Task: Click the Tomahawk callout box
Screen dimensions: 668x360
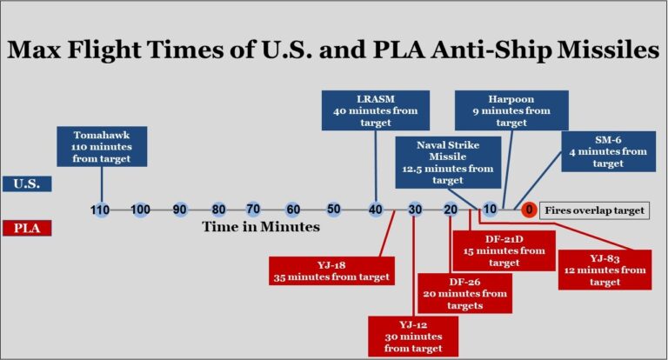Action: click(102, 147)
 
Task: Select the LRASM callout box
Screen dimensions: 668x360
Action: click(376, 110)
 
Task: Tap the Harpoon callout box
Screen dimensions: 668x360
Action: click(511, 110)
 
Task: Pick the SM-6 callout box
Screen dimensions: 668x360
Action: click(608, 151)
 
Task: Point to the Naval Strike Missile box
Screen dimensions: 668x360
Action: click(448, 163)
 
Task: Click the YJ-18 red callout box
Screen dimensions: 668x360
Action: click(331, 271)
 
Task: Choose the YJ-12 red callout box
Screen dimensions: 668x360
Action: click(413, 337)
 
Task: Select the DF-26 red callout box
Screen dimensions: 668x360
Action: click(464, 294)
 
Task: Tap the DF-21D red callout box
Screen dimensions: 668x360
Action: click(504, 251)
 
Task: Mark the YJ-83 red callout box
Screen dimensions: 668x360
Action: click(605, 270)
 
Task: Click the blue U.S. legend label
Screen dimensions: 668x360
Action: click(27, 184)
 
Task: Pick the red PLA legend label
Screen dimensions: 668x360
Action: click(27, 228)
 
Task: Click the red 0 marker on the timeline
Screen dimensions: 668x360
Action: click(529, 210)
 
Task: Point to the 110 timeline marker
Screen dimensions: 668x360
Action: click(100, 210)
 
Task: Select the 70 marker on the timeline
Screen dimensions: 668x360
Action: click(253, 210)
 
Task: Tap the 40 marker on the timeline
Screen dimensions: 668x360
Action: click(376, 210)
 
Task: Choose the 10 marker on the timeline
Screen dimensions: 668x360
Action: click(490, 210)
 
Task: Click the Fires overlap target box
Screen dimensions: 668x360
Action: click(594, 210)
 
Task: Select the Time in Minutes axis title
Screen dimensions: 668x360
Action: click(261, 227)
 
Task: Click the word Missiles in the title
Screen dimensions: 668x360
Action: click(608, 50)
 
